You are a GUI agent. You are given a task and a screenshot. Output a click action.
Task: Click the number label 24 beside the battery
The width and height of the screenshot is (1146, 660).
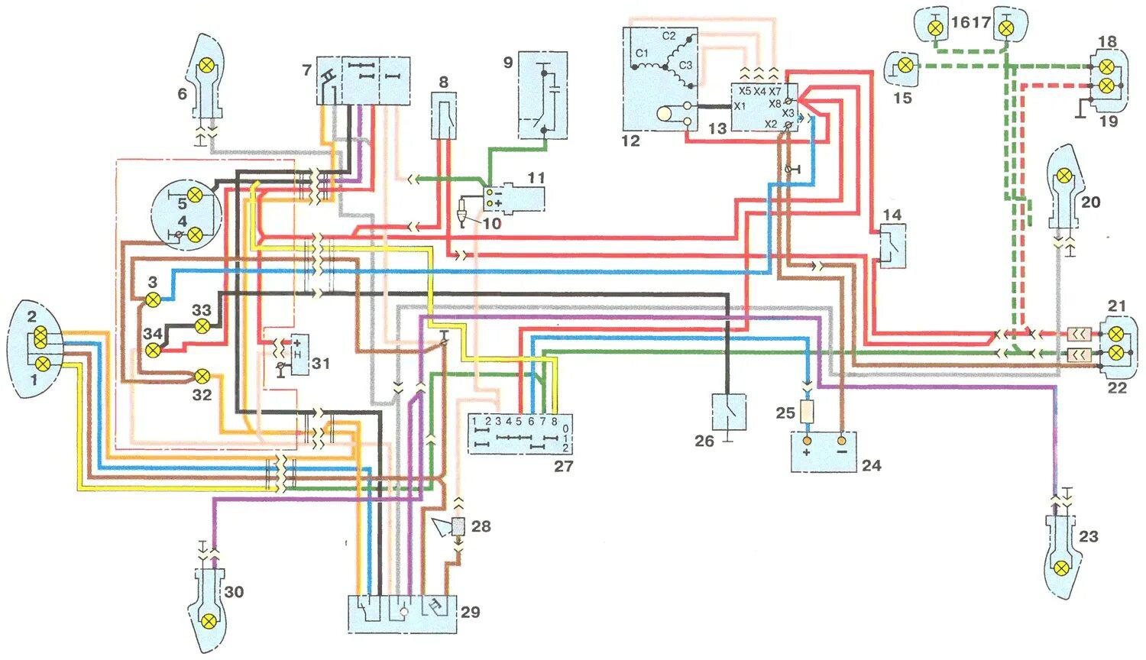(871, 465)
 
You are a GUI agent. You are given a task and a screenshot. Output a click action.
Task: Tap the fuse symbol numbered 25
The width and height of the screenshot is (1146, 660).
(807, 413)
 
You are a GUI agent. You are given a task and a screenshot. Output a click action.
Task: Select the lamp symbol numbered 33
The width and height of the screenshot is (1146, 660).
(202, 326)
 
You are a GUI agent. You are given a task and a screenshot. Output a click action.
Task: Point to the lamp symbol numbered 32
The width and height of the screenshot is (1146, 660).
(202, 376)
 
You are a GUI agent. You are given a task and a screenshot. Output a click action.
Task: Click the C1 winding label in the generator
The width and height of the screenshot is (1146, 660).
(642, 53)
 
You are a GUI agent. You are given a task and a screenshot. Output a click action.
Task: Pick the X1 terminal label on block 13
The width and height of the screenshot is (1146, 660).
(740, 106)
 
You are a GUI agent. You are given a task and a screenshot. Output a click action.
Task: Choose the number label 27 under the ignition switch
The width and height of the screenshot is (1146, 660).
(563, 465)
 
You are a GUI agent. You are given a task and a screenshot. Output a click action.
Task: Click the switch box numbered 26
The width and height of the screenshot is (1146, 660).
(729, 412)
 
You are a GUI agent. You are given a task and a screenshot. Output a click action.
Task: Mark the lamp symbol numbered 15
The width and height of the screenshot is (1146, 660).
(905, 66)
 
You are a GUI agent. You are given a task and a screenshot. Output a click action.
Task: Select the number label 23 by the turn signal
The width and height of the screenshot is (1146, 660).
(1088, 536)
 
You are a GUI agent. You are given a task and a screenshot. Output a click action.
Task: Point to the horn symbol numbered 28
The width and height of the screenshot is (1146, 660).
(458, 526)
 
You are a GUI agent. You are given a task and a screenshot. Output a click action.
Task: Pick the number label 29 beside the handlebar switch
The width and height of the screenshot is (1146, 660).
(470, 612)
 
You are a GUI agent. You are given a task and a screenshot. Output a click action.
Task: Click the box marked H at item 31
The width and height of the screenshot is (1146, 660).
(298, 354)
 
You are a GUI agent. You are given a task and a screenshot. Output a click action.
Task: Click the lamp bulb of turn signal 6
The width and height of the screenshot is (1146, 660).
(205, 66)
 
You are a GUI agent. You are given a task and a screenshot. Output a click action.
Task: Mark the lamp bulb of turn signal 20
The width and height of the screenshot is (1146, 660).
(1062, 177)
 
